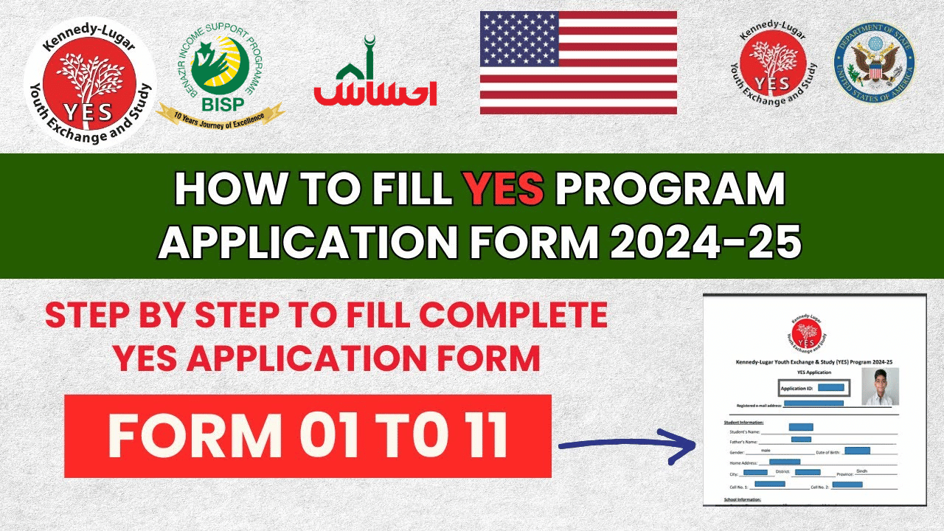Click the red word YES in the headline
tap(504, 190)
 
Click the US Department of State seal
tap(874, 62)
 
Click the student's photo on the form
tap(880, 386)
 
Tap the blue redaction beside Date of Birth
tap(858, 450)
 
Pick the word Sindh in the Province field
tap(862, 471)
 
